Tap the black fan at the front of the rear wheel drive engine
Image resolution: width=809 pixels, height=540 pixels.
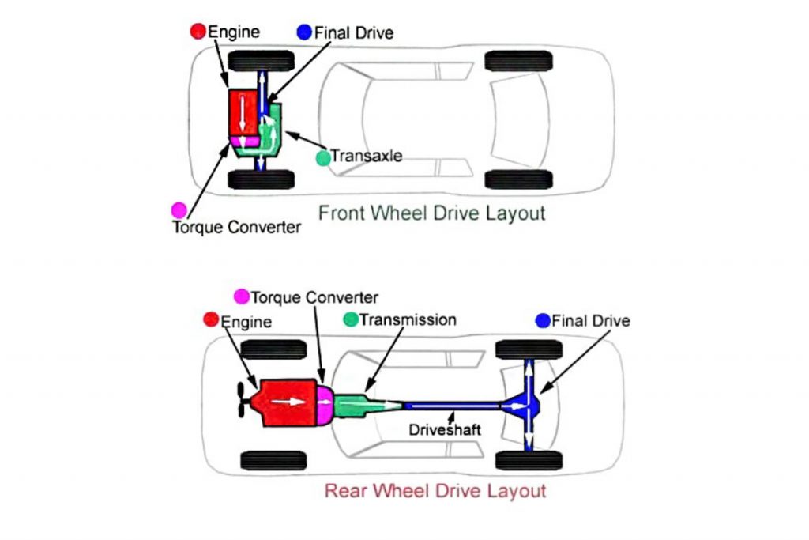(239, 402)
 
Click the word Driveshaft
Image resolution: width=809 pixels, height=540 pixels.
(444, 431)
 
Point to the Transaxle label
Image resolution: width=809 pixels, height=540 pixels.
(367, 156)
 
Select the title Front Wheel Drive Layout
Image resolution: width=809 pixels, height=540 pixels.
(431, 213)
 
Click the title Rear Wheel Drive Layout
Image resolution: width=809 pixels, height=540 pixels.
(435, 491)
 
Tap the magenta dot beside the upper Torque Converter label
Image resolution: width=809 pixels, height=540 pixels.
(179, 210)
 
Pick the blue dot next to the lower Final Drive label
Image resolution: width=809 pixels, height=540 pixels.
(542, 320)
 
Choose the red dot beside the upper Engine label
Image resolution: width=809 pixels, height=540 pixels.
(198, 32)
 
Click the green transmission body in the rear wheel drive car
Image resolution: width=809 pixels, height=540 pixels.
(352, 404)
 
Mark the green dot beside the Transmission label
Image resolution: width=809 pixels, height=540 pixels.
(351, 319)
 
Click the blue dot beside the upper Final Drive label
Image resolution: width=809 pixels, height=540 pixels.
(304, 32)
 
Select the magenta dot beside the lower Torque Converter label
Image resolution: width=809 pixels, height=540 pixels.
(242, 296)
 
